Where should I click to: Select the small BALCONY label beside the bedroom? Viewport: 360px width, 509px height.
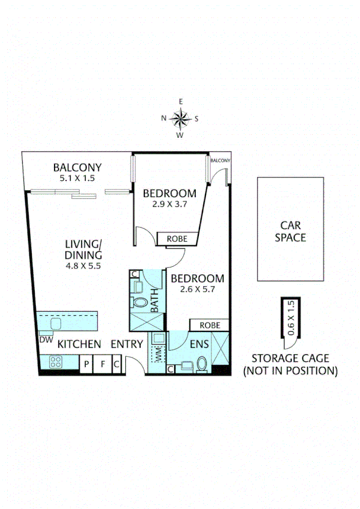pyautogui.click(x=220, y=160)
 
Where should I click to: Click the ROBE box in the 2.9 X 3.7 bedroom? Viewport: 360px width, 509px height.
pyautogui.click(x=177, y=239)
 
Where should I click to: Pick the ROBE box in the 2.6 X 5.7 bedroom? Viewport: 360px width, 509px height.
pyautogui.click(x=210, y=325)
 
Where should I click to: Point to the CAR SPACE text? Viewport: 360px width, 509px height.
pyautogui.click(x=290, y=231)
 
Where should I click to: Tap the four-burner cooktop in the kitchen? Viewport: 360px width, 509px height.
pyautogui.click(x=56, y=362)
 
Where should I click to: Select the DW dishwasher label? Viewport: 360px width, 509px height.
pyautogui.click(x=46, y=340)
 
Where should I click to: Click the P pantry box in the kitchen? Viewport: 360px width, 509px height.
pyautogui.click(x=87, y=363)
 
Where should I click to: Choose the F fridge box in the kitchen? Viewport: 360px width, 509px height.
pyautogui.click(x=102, y=363)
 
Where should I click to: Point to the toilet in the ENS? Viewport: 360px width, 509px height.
pyautogui.click(x=202, y=363)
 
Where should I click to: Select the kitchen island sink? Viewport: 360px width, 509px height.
pyautogui.click(x=58, y=324)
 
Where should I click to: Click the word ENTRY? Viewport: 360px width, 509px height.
pyautogui.click(x=127, y=344)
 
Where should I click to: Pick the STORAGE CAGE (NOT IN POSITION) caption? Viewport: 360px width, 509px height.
pyautogui.click(x=290, y=365)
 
